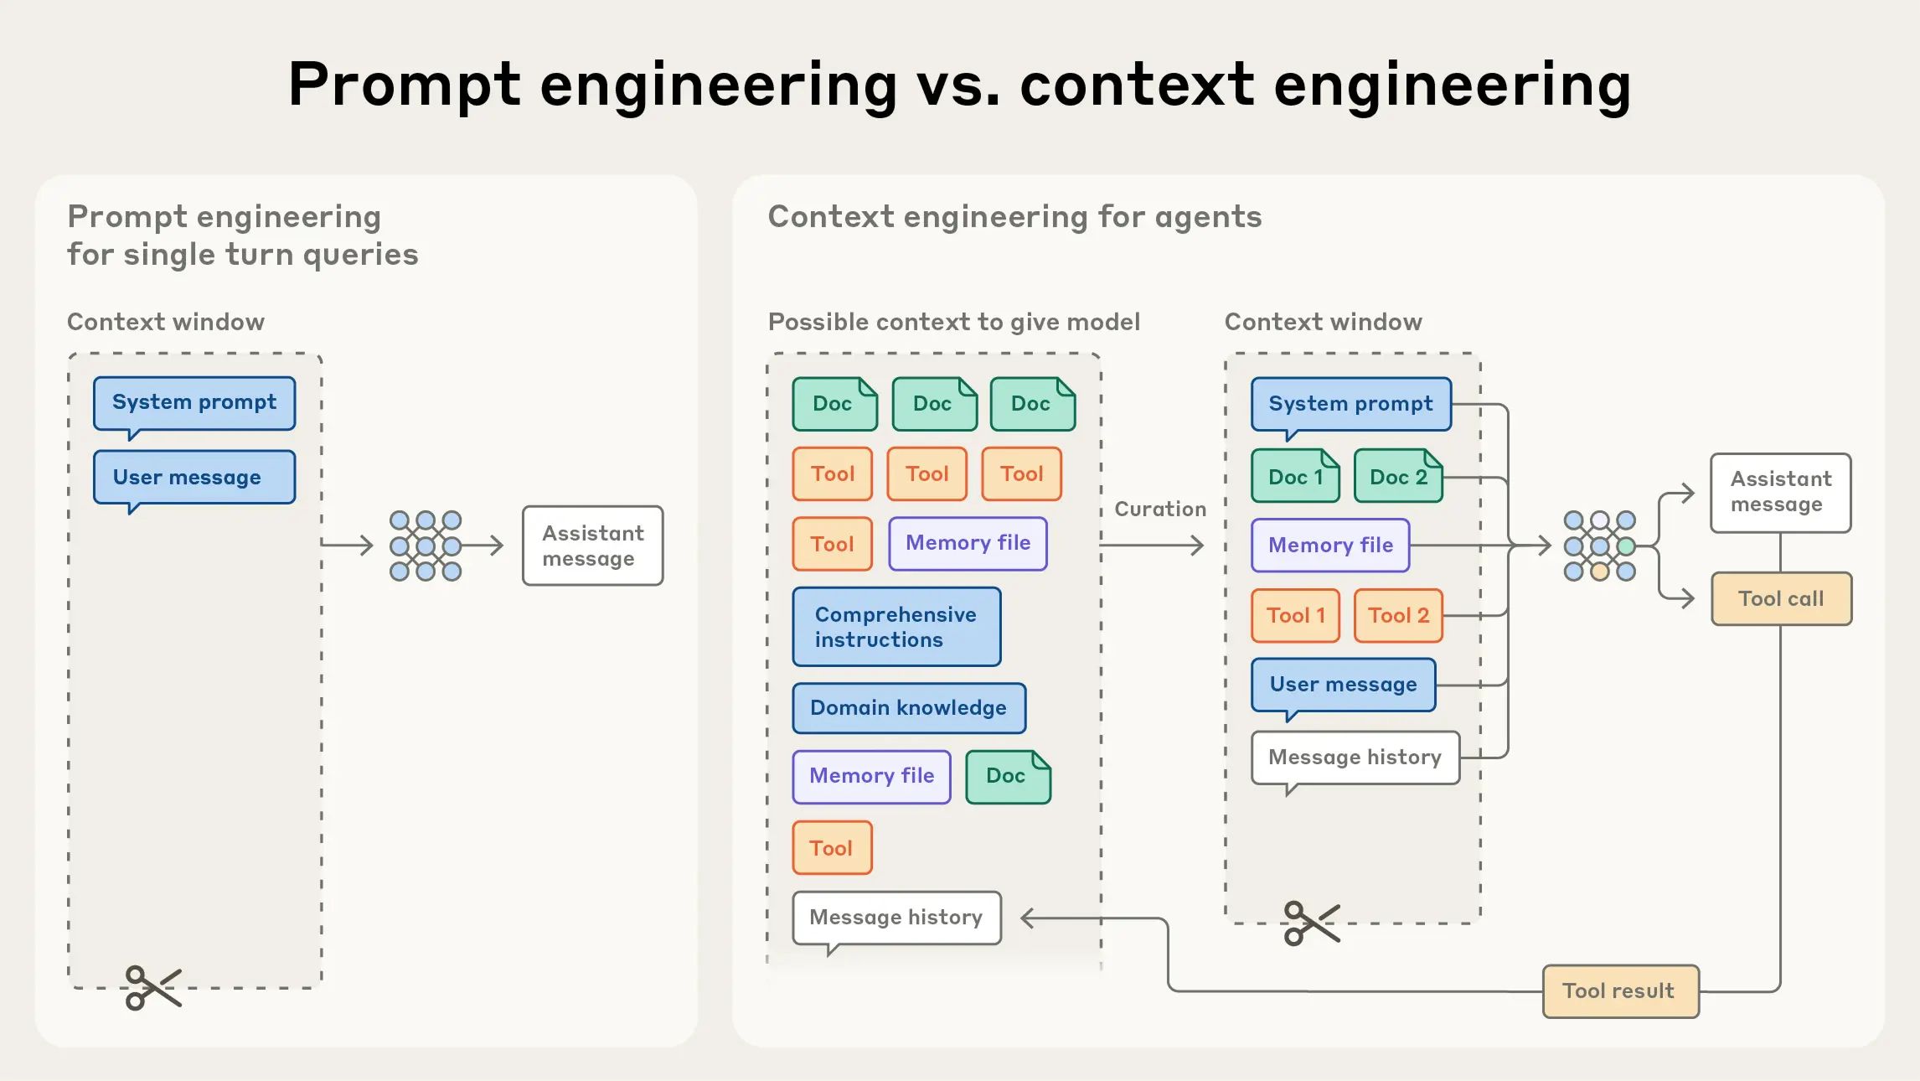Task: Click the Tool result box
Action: click(x=1619, y=991)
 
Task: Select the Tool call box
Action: click(x=1781, y=599)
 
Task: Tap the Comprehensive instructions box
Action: click(x=896, y=627)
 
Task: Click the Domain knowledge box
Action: click(x=908, y=708)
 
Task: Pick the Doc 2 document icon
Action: click(x=1397, y=477)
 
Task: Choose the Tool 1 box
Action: click(x=1295, y=616)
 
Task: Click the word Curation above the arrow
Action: click(x=1160, y=509)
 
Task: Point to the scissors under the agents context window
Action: click(x=1311, y=923)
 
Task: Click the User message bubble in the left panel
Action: click(x=194, y=478)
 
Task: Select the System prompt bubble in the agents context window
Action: click(x=1350, y=404)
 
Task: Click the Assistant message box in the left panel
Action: click(x=592, y=546)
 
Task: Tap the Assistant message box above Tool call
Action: click(x=1780, y=492)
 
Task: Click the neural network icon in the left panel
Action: click(x=426, y=546)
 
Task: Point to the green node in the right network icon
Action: click(x=1626, y=546)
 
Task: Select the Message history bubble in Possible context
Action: click(x=896, y=918)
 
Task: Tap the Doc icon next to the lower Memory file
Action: click(x=1007, y=777)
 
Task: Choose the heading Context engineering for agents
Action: click(x=1014, y=217)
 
